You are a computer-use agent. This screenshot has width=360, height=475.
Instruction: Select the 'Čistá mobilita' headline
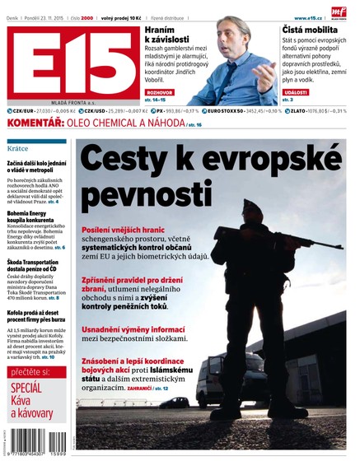pyautogui.click(x=313, y=28)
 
